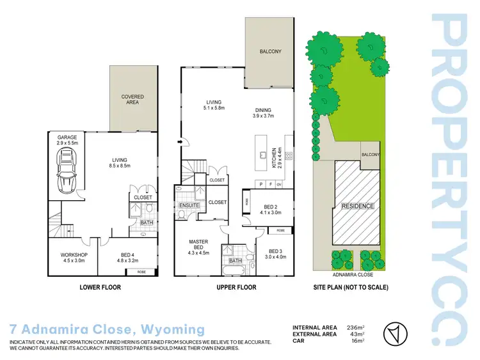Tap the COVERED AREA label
pos(132,99)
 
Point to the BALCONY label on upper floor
pos(269,51)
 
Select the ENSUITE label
pos(189,205)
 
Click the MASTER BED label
pos(199,245)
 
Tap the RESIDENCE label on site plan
pos(357,206)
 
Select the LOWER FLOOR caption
pos(100,287)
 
